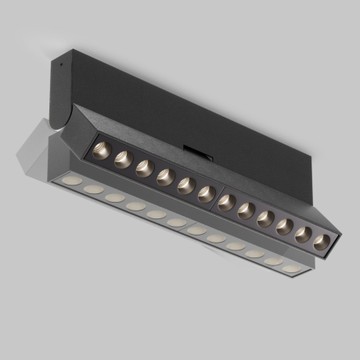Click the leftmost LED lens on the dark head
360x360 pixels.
coord(102,150)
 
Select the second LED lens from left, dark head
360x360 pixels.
coord(122,159)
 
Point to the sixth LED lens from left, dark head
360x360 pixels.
coord(206,194)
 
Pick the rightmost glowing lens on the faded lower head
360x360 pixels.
coord(291,268)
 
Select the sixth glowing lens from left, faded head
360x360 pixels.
coord(176,222)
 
